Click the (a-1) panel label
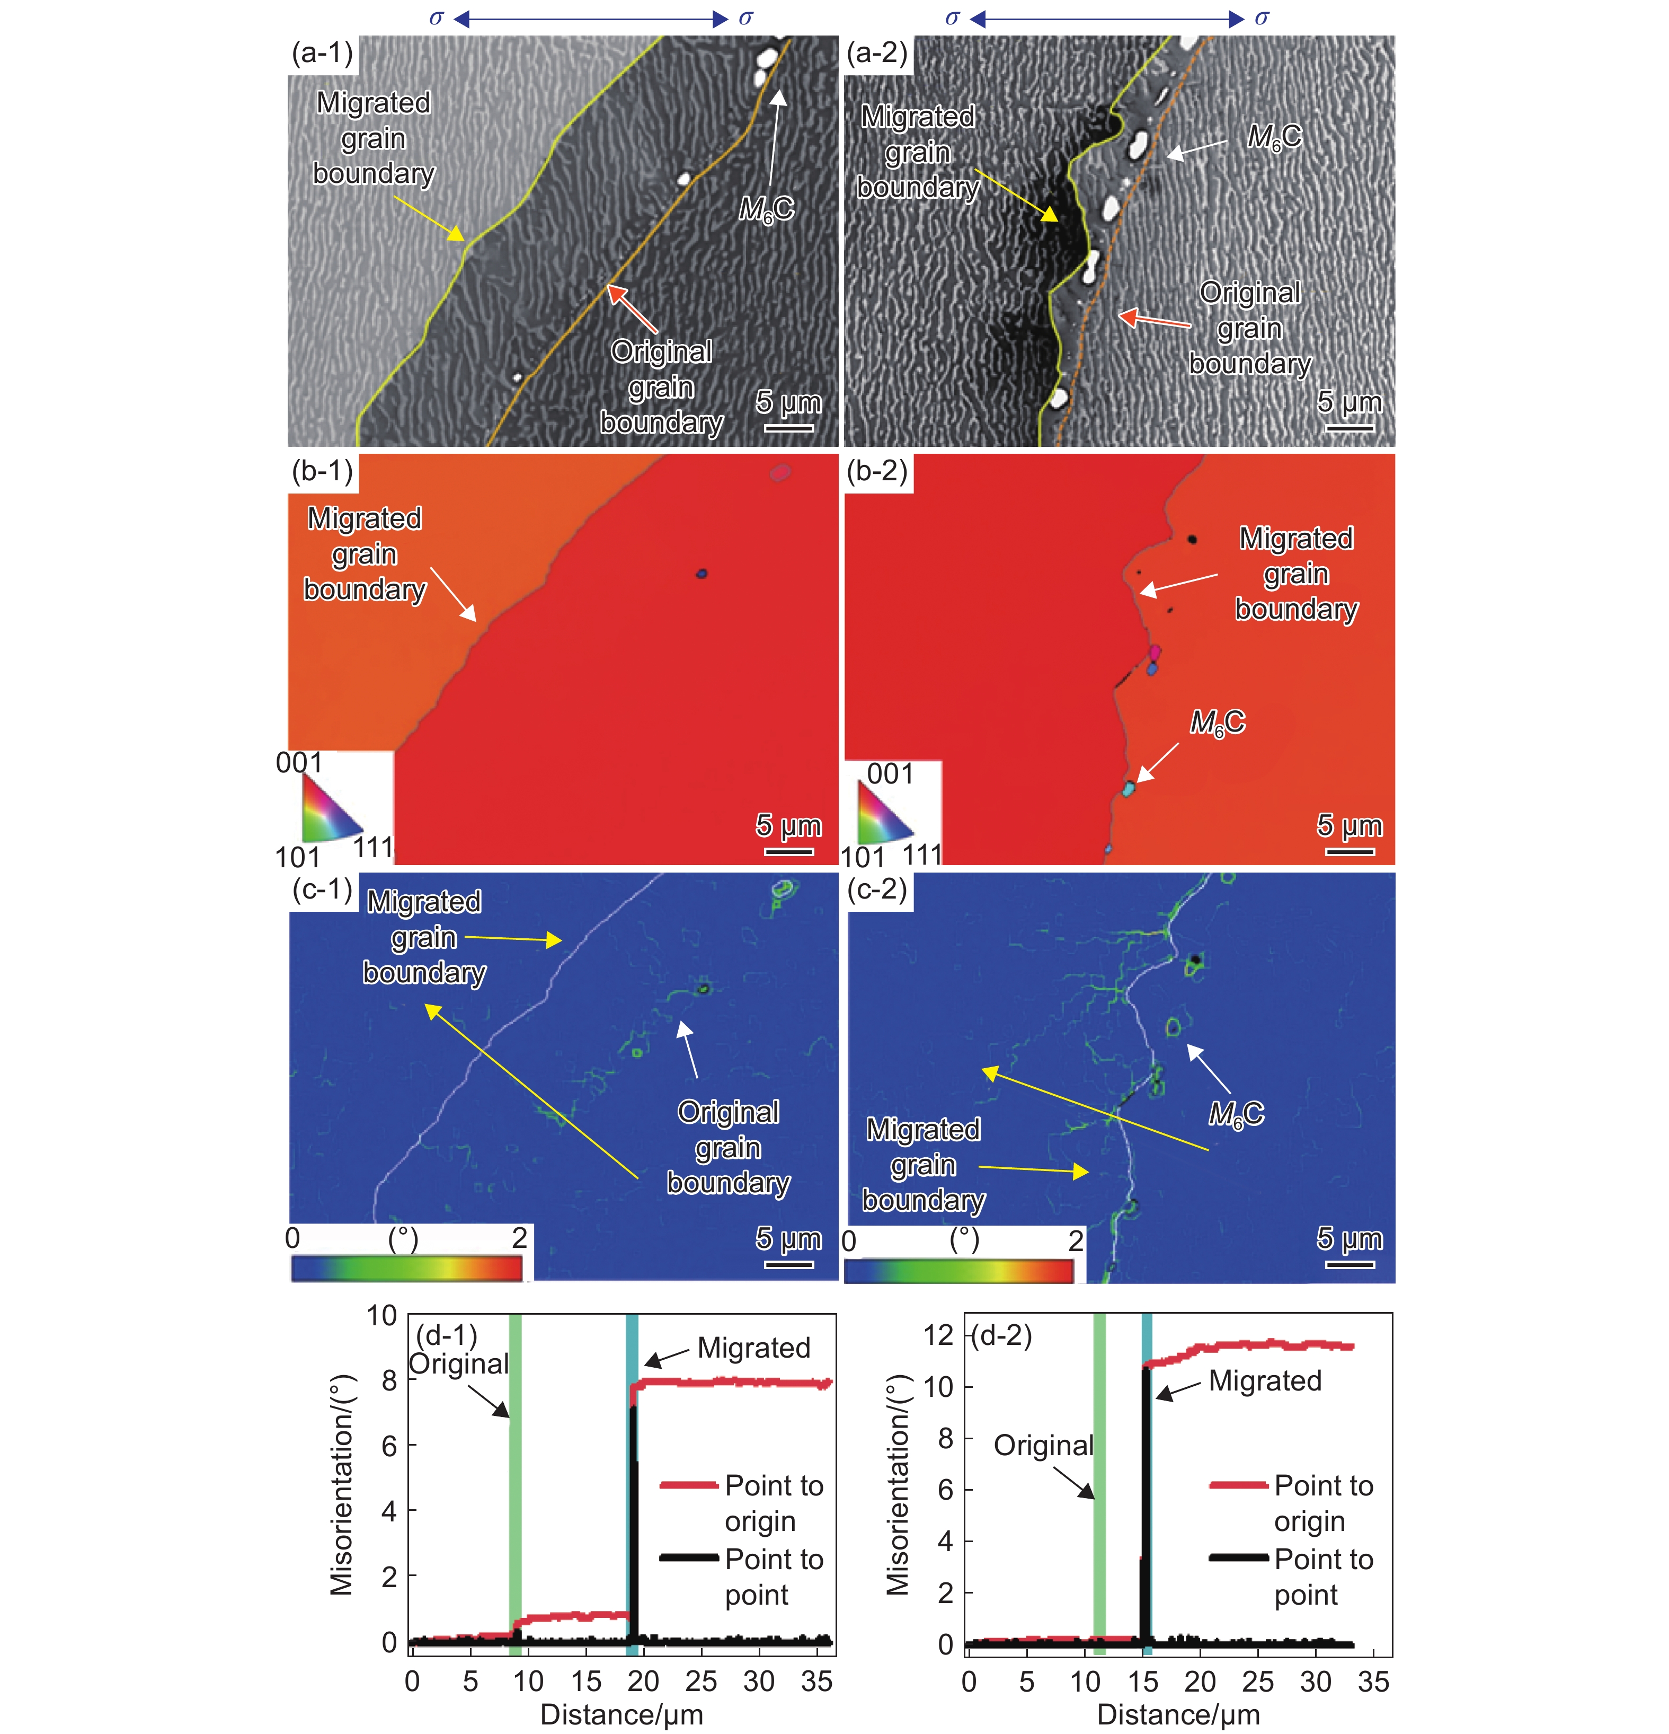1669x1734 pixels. click(x=322, y=53)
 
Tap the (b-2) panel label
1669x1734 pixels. click(x=876, y=471)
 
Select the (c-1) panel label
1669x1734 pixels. click(x=322, y=889)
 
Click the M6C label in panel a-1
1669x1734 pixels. click(x=766, y=210)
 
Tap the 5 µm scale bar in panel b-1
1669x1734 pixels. click(x=788, y=851)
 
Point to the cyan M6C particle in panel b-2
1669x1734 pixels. click(x=1128, y=787)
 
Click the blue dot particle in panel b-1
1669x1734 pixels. click(x=702, y=573)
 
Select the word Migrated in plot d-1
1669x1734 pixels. click(x=753, y=1348)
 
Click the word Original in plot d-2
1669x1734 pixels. click(x=1044, y=1446)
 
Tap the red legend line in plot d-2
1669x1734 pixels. click(x=1238, y=1485)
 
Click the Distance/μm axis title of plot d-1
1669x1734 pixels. click(x=622, y=1714)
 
